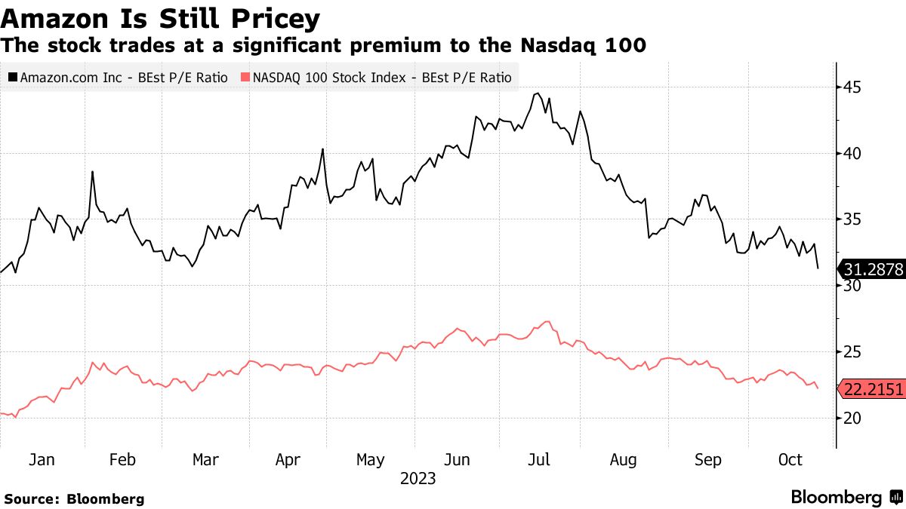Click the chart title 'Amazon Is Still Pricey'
point(160,18)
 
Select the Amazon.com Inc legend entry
point(119,77)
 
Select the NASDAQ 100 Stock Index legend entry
point(376,77)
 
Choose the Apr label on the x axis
point(288,460)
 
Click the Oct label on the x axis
point(790,460)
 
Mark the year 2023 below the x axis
point(418,479)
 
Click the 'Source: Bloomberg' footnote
point(74,498)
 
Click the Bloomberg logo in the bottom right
point(846,498)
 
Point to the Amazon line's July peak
point(537,94)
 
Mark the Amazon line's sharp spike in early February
point(93,172)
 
